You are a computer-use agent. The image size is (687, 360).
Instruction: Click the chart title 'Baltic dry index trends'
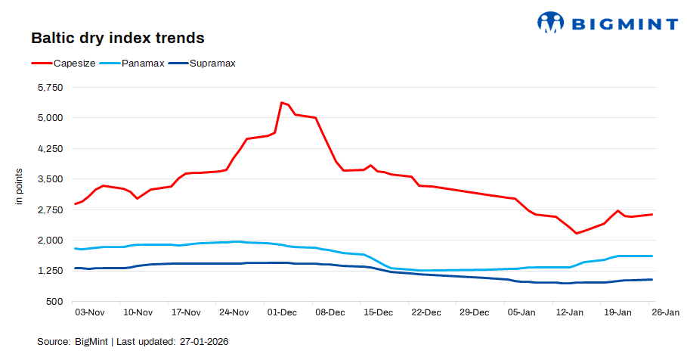click(117, 38)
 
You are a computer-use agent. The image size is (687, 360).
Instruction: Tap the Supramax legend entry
click(212, 64)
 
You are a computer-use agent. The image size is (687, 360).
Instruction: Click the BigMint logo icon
click(551, 22)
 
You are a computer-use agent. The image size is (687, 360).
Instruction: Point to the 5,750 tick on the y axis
click(51, 88)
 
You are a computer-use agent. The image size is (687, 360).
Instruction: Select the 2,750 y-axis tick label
click(51, 210)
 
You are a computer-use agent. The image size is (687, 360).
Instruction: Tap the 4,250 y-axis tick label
click(51, 149)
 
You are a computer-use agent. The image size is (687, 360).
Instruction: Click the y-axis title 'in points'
click(20, 190)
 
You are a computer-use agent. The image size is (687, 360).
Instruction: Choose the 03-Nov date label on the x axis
click(89, 312)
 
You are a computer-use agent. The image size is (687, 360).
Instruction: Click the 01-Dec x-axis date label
click(281, 312)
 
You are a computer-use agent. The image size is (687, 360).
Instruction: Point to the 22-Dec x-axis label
click(426, 312)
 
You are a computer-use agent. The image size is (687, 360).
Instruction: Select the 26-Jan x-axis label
click(665, 312)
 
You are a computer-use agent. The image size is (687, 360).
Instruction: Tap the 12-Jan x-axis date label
click(569, 312)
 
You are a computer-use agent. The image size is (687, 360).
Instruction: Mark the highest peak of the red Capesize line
click(281, 102)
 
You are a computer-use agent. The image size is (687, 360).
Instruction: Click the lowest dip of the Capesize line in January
click(576, 233)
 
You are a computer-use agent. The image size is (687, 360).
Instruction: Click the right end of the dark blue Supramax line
click(651, 280)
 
